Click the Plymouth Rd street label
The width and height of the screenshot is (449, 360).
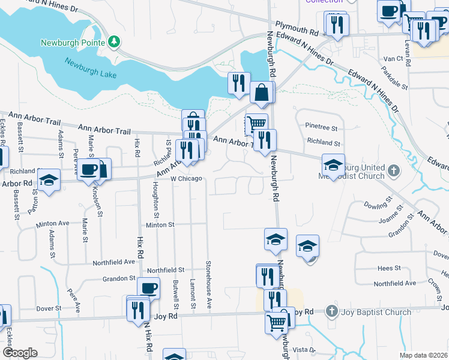(297, 28)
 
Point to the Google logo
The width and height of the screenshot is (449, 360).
(19, 353)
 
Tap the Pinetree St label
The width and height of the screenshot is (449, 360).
(322, 128)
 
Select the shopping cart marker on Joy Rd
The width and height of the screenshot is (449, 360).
(276, 321)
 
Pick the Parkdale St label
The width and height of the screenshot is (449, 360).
(393, 77)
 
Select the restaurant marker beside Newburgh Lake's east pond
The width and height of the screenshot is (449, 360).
(239, 83)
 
